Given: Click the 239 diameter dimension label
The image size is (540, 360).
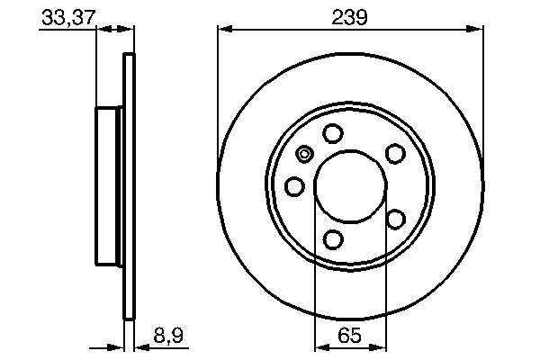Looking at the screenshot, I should [x=350, y=15].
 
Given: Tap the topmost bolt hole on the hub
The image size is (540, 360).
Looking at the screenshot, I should [x=333, y=134].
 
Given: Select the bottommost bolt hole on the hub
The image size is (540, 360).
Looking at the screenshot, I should [x=333, y=238].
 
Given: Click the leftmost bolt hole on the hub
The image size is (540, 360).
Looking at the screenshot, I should [x=294, y=186].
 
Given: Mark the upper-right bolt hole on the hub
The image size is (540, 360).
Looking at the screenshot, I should [x=394, y=154].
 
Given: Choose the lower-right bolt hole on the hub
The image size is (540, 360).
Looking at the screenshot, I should [x=394, y=219].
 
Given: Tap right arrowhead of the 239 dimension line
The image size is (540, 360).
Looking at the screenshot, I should [x=479, y=30].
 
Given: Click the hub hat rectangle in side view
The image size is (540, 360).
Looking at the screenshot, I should [x=108, y=186].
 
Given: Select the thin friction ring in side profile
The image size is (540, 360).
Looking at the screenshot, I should [x=128, y=186].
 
